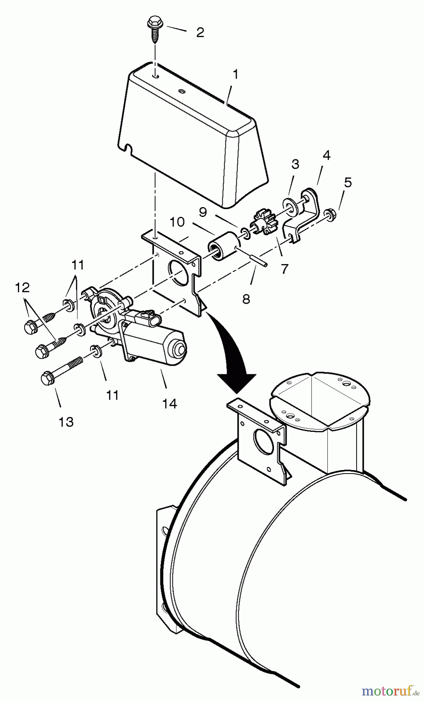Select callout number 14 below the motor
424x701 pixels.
coord(170,404)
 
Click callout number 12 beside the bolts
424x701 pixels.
coord(22,288)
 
